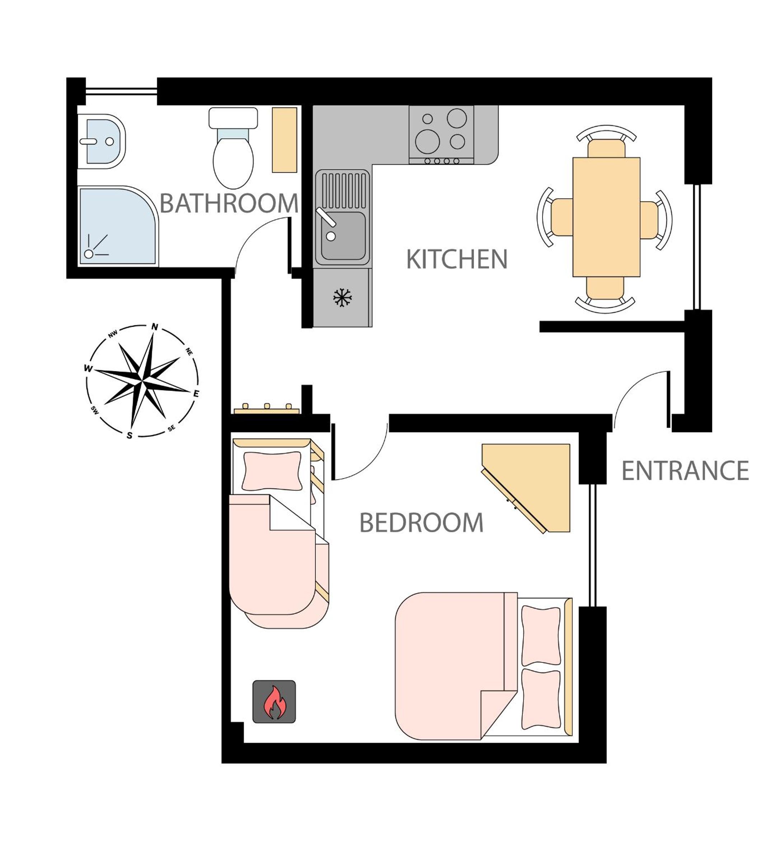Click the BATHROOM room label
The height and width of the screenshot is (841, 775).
point(229,203)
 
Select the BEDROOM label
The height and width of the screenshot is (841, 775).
point(422,523)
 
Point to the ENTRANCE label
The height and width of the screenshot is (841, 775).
point(685,471)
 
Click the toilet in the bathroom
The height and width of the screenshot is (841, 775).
point(233,148)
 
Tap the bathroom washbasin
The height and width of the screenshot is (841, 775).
point(102,141)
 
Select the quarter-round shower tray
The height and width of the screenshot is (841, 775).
point(117,226)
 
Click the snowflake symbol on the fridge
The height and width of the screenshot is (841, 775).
point(343,297)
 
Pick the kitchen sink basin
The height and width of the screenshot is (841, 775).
point(343,236)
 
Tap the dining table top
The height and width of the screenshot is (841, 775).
point(606,217)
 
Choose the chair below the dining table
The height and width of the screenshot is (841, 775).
point(605,294)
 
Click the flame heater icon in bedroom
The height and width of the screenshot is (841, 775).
point(274,702)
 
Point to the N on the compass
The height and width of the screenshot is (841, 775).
point(155,327)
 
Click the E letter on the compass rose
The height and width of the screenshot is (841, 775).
point(196,394)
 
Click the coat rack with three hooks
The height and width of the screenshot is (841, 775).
point(267,409)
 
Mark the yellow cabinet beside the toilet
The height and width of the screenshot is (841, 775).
point(285,140)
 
